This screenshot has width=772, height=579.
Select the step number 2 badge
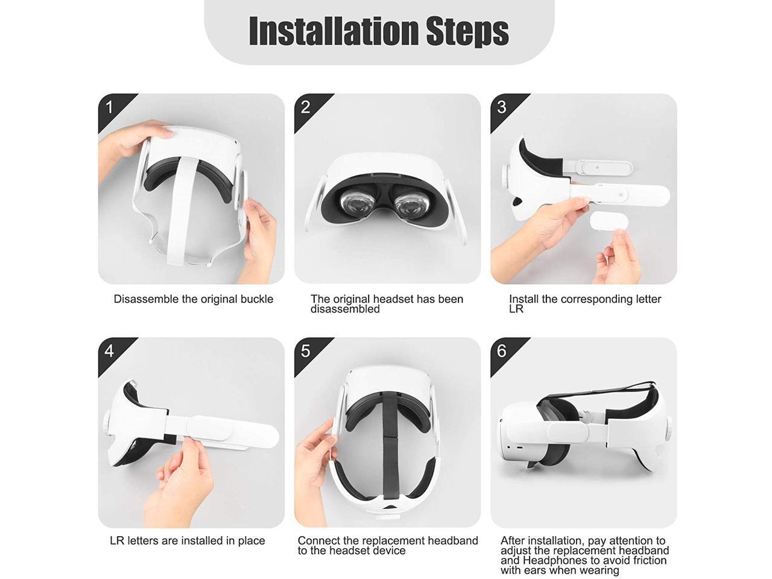(x=306, y=107)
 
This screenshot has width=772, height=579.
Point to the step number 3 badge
(x=502, y=107)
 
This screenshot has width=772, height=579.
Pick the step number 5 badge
(x=306, y=351)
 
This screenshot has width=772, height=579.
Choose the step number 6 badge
(x=502, y=351)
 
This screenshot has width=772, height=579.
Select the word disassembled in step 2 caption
(x=345, y=309)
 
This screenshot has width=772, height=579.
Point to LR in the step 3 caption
(x=516, y=309)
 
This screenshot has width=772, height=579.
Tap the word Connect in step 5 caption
(x=318, y=541)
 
